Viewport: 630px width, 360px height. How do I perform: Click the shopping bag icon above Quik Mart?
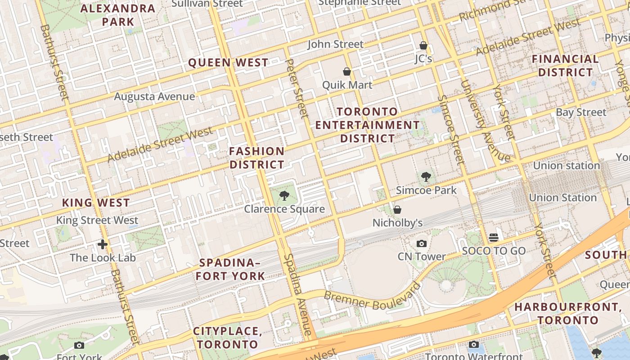pyautogui.click(x=347, y=72)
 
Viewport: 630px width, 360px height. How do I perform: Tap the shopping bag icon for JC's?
pyautogui.click(x=423, y=45)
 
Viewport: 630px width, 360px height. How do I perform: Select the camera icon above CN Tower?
pyautogui.click(x=422, y=243)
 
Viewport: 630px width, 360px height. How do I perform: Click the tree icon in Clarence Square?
pyautogui.click(x=284, y=195)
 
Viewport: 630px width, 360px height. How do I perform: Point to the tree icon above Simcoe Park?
pyautogui.click(x=426, y=177)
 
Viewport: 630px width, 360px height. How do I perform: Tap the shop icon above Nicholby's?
pyautogui.click(x=397, y=210)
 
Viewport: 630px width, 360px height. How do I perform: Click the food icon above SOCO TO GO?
pyautogui.click(x=494, y=237)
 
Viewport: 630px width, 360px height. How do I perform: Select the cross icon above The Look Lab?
pyautogui.click(x=103, y=244)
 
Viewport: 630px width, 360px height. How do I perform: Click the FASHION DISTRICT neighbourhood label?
pyautogui.click(x=257, y=158)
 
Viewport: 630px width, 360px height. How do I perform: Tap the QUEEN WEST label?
pyautogui.click(x=228, y=63)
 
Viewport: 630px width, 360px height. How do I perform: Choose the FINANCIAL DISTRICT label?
pyautogui.click(x=565, y=66)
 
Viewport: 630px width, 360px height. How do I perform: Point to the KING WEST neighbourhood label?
pyautogui.click(x=96, y=203)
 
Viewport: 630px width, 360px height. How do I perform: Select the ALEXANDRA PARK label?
pyautogui.click(x=118, y=15)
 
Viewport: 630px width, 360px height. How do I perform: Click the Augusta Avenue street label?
pyautogui.click(x=154, y=96)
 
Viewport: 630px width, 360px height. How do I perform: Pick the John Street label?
pyautogui.click(x=335, y=44)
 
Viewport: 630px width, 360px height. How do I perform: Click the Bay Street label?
pyautogui.click(x=581, y=112)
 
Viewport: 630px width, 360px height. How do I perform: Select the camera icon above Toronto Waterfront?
pyautogui.click(x=473, y=345)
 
